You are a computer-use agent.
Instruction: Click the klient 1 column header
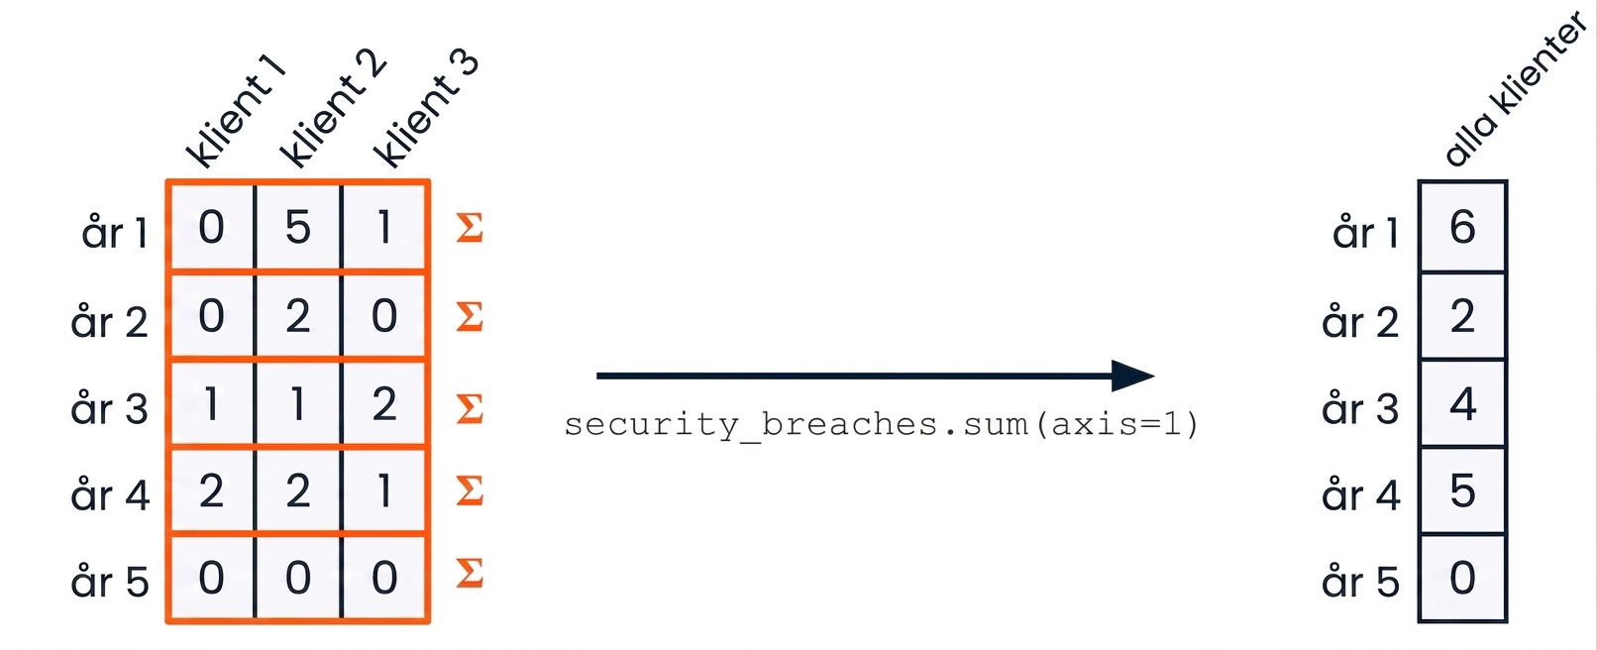point(235,113)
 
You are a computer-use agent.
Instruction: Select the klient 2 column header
point(332,109)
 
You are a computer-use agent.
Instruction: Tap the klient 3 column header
point(426,109)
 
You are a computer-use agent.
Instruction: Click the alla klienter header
point(1515,89)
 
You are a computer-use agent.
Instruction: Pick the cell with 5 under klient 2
point(298,227)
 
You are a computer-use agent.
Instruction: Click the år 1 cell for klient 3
point(384,227)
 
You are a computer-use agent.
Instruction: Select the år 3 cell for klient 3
point(384,404)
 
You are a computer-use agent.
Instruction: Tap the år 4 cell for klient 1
point(211,491)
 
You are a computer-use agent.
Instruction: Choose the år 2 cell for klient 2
point(298,316)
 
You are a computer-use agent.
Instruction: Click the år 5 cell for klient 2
point(298,578)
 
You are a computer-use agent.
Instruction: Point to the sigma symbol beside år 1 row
point(470,227)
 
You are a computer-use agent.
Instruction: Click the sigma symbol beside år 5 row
point(470,573)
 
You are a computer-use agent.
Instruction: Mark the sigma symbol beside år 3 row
point(470,408)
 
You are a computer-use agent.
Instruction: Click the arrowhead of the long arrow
point(1133,376)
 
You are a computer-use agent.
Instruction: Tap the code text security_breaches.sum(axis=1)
point(882,425)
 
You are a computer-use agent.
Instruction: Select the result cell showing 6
point(1462,227)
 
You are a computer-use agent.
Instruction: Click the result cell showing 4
point(1462,404)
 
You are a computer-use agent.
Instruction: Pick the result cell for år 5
point(1462,578)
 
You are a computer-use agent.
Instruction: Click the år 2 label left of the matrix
point(109,321)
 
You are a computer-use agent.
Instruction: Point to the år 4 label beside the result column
point(1361,493)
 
